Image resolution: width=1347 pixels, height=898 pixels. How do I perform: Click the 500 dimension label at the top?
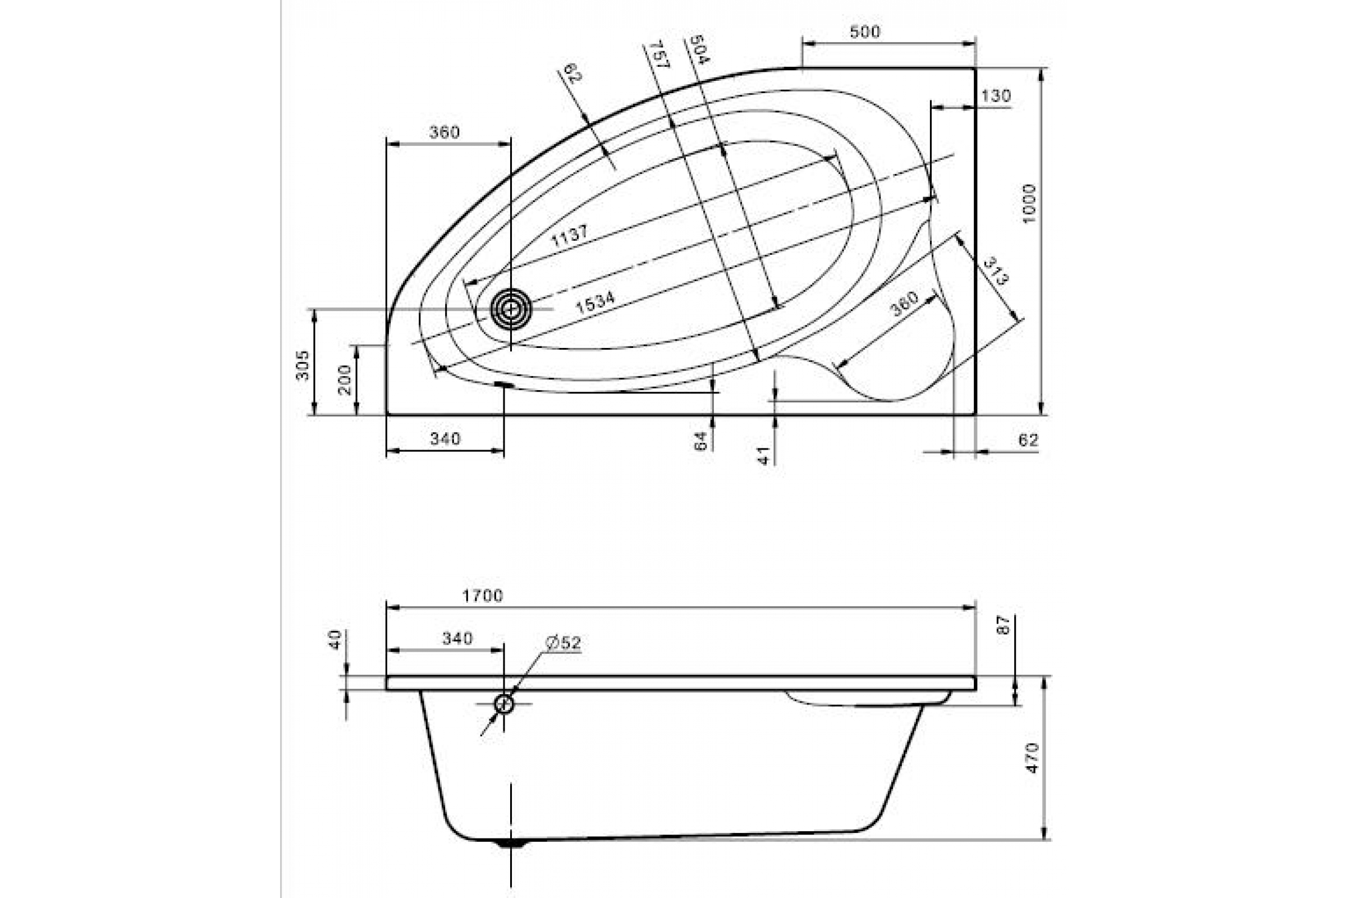(x=864, y=32)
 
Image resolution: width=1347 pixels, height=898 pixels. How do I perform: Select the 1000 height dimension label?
(x=1030, y=204)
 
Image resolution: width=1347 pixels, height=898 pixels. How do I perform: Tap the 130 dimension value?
(x=996, y=95)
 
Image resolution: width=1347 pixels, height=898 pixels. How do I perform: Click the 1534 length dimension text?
(x=595, y=303)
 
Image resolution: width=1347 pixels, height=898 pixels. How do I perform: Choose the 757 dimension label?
(x=656, y=54)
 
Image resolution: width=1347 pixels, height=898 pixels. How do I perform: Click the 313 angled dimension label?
(x=995, y=271)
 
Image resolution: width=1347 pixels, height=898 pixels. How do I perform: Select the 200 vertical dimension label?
(x=345, y=380)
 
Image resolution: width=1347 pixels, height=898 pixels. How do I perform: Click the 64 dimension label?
(x=701, y=441)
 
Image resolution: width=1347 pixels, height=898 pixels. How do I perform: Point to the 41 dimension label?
(x=763, y=456)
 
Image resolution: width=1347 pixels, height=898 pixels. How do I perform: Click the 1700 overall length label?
(x=483, y=596)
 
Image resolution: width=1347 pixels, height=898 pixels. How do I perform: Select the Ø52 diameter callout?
(x=563, y=643)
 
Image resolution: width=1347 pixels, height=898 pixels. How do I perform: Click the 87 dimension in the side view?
(x=1002, y=624)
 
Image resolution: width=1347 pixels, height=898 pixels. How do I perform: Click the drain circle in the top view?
(x=511, y=309)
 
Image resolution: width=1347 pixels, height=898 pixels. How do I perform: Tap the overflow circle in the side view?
(x=504, y=704)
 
